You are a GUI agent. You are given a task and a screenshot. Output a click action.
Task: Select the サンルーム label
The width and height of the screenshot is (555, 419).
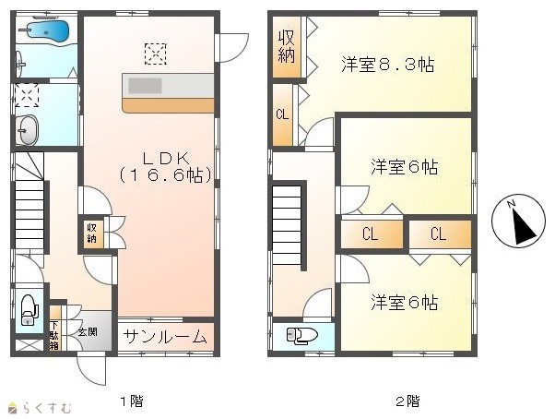click(x=166, y=337)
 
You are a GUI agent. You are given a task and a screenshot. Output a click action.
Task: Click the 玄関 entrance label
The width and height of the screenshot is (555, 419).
click(x=88, y=332)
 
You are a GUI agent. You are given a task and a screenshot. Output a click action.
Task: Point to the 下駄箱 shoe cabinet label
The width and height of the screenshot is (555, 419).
click(x=54, y=335)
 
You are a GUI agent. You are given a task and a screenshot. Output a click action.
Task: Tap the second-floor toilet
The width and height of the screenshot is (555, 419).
click(x=302, y=335)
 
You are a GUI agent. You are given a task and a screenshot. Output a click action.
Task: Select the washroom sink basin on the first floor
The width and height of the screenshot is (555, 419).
click(x=28, y=130)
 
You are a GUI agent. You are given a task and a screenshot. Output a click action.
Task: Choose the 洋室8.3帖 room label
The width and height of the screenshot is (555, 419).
click(x=388, y=64)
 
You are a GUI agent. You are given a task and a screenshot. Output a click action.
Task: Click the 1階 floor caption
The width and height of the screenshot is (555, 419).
click(x=132, y=401)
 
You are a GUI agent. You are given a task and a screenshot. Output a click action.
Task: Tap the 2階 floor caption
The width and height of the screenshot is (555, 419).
click(x=407, y=401)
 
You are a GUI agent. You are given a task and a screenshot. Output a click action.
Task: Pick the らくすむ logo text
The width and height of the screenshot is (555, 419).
click(x=47, y=408)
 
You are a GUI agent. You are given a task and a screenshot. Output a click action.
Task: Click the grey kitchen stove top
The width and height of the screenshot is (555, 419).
click(x=145, y=86)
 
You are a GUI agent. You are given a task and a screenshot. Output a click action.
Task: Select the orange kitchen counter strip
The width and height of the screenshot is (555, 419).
click(x=168, y=105)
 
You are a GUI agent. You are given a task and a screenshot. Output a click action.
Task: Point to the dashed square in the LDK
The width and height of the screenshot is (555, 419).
click(x=156, y=54)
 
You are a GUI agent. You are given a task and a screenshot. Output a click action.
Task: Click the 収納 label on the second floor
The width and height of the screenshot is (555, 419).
click(x=287, y=47)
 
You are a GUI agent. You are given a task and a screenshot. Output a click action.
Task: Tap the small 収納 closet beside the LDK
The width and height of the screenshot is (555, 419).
click(x=91, y=233)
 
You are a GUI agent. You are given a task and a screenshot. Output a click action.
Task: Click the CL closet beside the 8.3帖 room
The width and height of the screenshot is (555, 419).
click(x=282, y=114)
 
